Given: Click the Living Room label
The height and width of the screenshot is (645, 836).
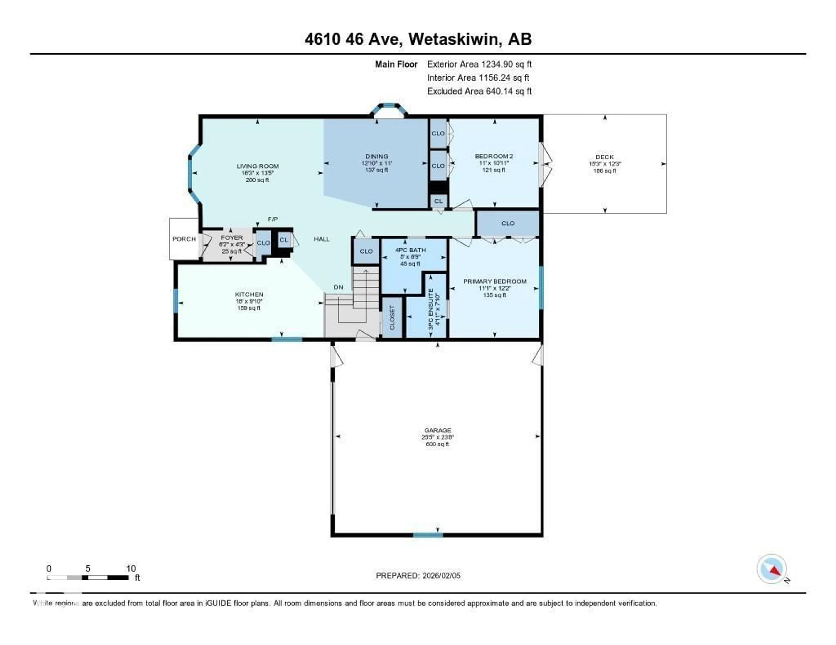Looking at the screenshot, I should (257, 166).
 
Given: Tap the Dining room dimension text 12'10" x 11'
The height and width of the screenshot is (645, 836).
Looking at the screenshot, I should (377, 163).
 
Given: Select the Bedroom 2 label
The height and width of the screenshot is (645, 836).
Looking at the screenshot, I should (494, 156).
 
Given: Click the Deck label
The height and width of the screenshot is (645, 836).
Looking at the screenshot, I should (604, 157).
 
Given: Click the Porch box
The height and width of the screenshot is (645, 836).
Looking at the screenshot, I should (184, 239).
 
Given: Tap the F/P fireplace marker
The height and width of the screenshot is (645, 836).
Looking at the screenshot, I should (273, 219).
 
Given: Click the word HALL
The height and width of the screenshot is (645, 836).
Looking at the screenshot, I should (322, 239).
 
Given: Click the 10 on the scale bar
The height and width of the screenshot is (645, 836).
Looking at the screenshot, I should (131, 568).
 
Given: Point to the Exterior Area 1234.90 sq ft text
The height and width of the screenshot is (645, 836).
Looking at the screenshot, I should (479, 64).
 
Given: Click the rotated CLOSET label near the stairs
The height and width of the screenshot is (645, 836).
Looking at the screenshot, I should (392, 317).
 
